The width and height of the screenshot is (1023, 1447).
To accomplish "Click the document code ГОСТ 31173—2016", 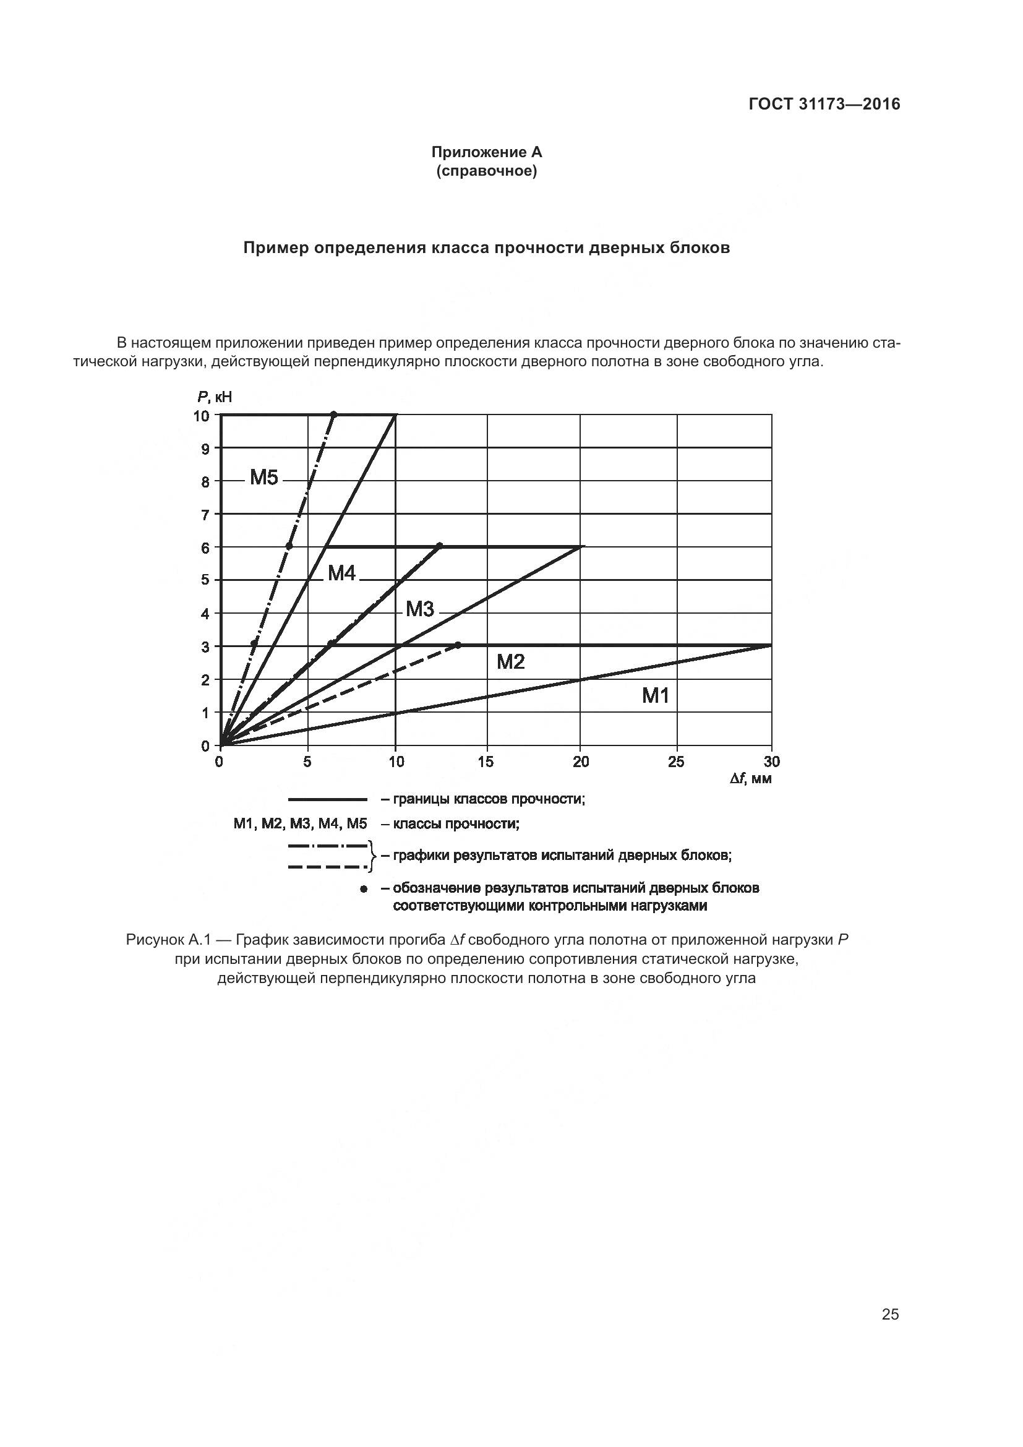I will click(824, 105).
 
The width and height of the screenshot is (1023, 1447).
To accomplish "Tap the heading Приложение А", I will click(486, 152).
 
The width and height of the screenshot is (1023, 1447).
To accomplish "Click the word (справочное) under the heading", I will click(486, 171).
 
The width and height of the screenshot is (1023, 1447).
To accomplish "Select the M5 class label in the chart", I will click(264, 478).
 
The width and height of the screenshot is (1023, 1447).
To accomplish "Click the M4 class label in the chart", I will click(342, 573).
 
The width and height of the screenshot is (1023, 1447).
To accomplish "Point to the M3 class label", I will click(419, 609).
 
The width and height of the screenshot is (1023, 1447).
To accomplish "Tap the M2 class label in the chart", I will click(510, 662).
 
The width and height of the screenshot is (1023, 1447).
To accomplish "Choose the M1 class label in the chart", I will click(655, 696).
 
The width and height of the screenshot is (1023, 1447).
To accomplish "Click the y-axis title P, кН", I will click(214, 397).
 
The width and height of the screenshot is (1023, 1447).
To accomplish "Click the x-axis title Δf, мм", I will click(750, 779).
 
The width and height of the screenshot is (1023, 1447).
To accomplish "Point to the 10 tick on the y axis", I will click(201, 416).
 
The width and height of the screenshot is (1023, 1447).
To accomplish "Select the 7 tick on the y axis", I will click(205, 515).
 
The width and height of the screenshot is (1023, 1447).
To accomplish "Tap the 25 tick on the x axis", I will click(676, 762).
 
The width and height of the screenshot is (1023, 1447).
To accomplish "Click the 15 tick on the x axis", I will click(486, 762).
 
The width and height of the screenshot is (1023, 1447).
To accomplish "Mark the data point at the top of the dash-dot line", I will click(334, 414).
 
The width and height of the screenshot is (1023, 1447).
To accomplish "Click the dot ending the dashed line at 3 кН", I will click(457, 645).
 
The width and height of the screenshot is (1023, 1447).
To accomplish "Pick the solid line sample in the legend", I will click(328, 800).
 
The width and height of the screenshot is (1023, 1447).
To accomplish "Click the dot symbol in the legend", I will click(363, 889).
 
